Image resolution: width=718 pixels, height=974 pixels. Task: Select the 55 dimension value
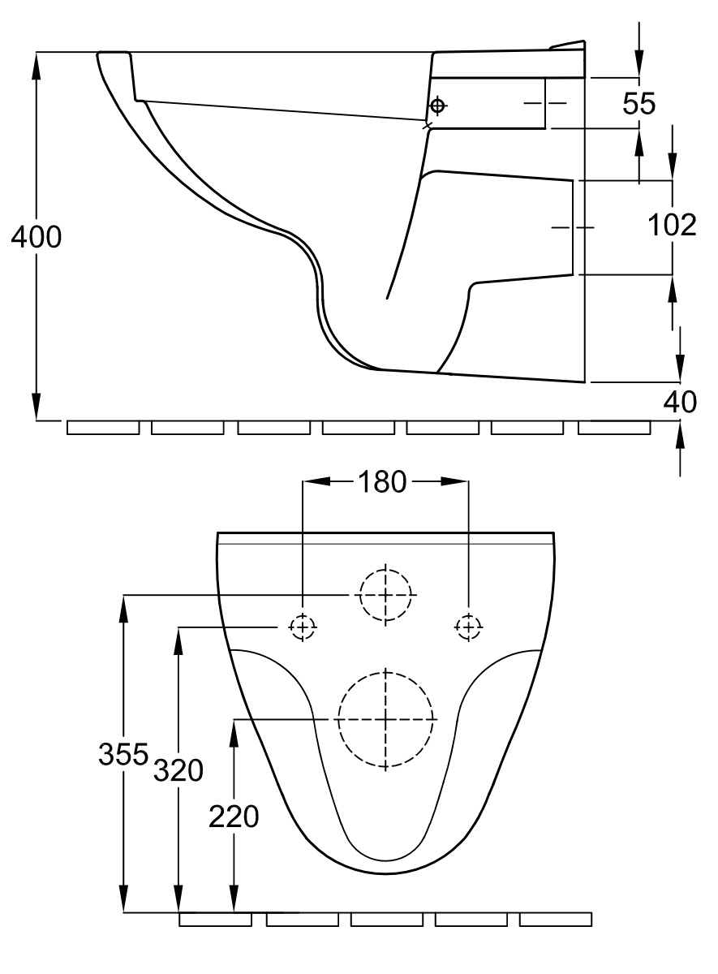point(639,104)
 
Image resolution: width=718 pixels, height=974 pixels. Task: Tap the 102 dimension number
point(672,226)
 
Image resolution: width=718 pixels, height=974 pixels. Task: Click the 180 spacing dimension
point(382,481)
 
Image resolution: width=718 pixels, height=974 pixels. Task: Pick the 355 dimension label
point(123,754)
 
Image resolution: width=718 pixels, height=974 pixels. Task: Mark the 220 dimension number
point(234,817)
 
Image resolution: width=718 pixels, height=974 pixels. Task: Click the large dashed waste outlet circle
point(386,719)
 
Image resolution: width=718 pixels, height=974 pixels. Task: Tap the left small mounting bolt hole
point(302,627)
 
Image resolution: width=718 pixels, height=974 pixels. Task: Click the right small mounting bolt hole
point(468,627)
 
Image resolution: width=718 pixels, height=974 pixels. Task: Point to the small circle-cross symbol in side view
point(437,106)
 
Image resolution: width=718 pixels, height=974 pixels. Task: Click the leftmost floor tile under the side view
point(103,428)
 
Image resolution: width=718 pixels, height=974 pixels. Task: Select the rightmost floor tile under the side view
point(614,428)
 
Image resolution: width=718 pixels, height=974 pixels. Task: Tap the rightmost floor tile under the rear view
point(556,920)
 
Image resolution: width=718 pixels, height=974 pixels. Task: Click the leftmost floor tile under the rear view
point(215,920)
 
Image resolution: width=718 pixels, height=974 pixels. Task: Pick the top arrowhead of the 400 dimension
point(37,65)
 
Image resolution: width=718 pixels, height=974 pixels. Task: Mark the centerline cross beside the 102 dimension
point(573,227)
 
